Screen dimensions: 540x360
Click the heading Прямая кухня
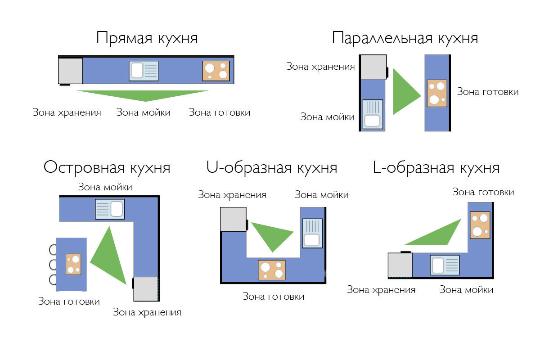[147, 38]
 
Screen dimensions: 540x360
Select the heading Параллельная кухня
[405, 38]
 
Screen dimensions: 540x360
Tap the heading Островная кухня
[107, 167]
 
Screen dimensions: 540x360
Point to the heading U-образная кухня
[272, 167]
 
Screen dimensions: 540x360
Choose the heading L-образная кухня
[436, 167]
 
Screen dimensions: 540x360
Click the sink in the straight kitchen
[144, 71]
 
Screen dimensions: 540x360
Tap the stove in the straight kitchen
[216, 71]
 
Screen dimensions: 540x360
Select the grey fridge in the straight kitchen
[70, 71]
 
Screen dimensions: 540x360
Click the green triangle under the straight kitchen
[143, 96]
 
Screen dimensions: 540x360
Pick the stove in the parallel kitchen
[437, 93]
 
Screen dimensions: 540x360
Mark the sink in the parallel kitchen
[373, 114]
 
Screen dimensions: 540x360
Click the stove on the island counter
[73, 264]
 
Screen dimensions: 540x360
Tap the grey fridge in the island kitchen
[146, 289]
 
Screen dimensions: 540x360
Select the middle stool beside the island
[53, 265]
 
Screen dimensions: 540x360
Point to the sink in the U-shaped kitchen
[312, 233]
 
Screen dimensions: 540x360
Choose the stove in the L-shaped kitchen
[480, 225]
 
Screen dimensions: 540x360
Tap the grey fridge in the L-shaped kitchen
[400, 265]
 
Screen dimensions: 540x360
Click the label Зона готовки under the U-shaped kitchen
[274, 297]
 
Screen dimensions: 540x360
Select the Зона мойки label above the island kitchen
[105, 187]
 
